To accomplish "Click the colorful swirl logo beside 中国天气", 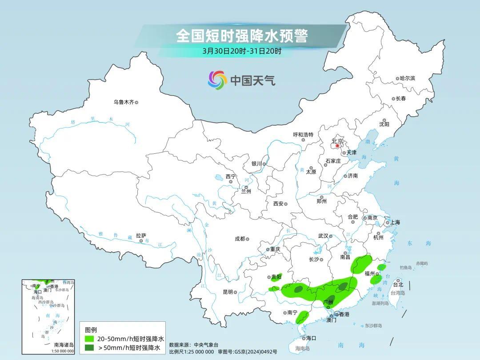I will click(217, 80).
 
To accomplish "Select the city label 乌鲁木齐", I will click(123, 102).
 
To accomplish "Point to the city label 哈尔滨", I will click(407, 78).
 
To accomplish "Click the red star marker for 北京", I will click(338, 145).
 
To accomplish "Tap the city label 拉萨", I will click(141, 236).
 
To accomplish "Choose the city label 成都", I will click(240, 239).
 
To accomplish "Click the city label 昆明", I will click(228, 292).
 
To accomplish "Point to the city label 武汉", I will click(323, 236).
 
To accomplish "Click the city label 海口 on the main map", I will click(311, 338).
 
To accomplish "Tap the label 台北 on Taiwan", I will click(398, 284).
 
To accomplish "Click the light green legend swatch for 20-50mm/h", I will click(90, 339).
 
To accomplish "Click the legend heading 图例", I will click(91, 330).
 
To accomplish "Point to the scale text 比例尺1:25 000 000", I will click(192, 352).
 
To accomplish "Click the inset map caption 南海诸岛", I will click(64, 344).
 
